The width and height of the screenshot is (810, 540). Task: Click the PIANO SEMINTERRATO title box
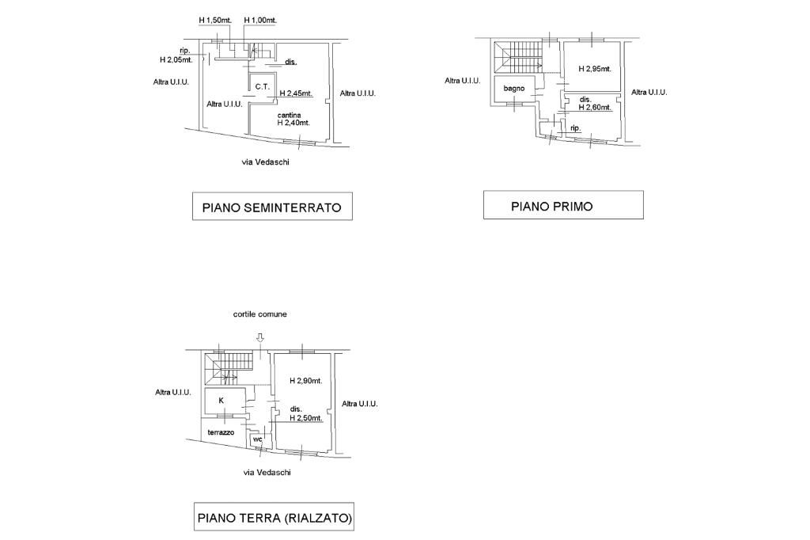(x=272, y=208)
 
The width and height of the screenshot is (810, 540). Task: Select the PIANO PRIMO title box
(x=563, y=206)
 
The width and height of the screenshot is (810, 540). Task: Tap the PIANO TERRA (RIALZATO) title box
(x=274, y=519)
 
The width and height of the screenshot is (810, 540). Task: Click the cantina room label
(x=288, y=116)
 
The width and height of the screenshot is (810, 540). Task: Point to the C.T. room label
(x=262, y=87)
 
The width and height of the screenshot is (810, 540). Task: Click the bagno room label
(x=514, y=88)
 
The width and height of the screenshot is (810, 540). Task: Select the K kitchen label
(x=221, y=401)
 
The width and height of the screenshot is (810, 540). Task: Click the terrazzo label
(x=221, y=433)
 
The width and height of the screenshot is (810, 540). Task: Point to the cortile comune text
(x=259, y=314)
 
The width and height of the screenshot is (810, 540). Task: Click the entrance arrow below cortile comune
(x=260, y=338)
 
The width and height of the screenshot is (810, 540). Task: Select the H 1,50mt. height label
(x=215, y=20)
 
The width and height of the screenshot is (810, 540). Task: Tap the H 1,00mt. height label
(x=259, y=20)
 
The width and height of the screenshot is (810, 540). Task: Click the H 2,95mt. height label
(x=595, y=69)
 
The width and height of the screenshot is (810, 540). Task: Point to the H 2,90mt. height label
(x=305, y=381)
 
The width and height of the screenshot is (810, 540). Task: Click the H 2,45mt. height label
(x=296, y=93)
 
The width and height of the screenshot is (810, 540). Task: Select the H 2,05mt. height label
(x=175, y=59)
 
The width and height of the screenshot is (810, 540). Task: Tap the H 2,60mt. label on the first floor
(x=596, y=107)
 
